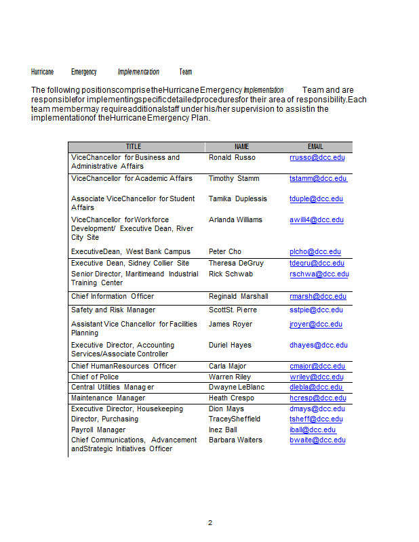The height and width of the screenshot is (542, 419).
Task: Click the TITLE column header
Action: click(x=134, y=146)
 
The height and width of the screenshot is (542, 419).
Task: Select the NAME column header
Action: click(x=241, y=146)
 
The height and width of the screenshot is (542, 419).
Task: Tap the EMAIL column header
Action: click(x=315, y=146)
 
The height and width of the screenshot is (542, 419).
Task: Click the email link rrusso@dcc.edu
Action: click(x=317, y=157)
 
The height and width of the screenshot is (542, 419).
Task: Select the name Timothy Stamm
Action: click(x=235, y=179)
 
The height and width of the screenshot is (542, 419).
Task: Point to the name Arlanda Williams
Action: click(x=235, y=220)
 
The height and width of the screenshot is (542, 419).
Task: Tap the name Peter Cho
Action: click(x=225, y=252)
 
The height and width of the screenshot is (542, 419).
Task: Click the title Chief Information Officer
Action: click(x=113, y=297)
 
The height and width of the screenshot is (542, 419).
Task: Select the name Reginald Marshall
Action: click(x=239, y=297)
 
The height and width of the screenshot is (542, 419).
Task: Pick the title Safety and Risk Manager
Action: click(x=113, y=310)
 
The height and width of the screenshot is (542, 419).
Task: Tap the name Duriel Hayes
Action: click(x=230, y=346)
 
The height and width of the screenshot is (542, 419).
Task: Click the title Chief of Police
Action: click(x=95, y=377)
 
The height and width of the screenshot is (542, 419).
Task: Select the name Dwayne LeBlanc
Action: click(x=236, y=388)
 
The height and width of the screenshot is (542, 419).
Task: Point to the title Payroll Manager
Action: click(x=98, y=430)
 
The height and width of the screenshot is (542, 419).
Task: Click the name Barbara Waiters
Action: click(x=236, y=440)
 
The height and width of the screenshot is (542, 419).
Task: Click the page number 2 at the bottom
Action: click(x=210, y=522)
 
